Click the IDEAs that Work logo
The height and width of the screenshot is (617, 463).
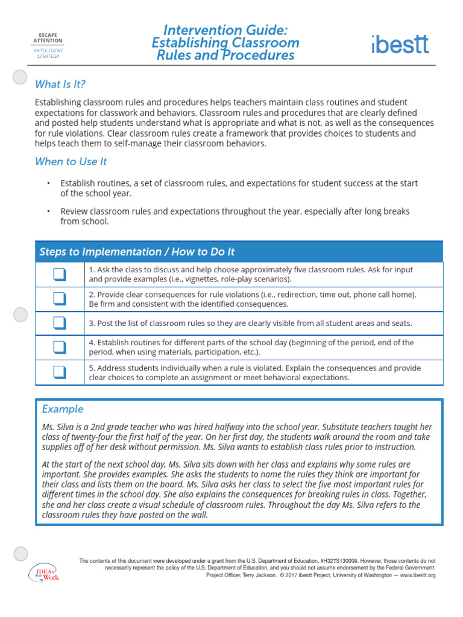44,572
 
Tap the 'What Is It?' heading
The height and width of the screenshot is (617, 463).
60,84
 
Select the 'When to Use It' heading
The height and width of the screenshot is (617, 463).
71,161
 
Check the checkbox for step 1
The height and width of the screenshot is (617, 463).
59,275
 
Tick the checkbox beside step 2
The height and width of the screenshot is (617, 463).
59,299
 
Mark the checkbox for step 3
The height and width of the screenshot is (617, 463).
59,324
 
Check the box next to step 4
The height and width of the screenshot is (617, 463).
59,348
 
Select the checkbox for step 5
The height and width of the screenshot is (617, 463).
59,372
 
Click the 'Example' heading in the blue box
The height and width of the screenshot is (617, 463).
63,409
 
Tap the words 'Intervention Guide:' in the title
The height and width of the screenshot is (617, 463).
225,30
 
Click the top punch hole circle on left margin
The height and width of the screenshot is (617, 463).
20,77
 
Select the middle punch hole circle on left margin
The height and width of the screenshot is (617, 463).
20,315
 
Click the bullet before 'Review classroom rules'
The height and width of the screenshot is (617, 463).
48,211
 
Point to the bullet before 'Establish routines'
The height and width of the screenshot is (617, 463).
48,183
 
